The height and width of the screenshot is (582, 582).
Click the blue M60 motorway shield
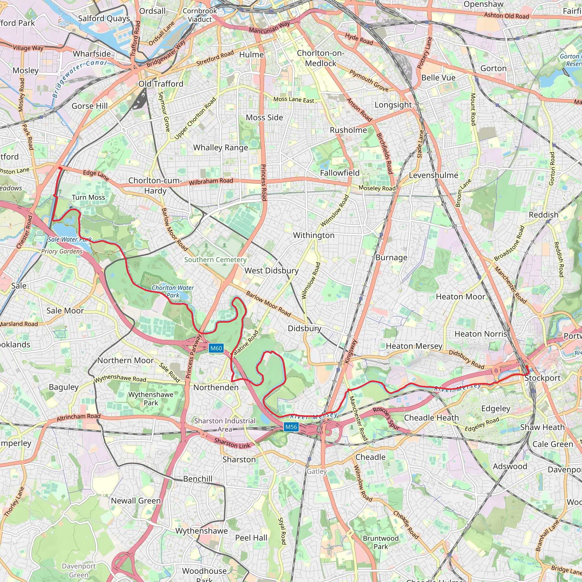[216, 348]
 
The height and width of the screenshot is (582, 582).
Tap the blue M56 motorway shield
[291, 427]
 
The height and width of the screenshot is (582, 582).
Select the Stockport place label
[542, 378]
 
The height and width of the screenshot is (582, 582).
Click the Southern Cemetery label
[215, 260]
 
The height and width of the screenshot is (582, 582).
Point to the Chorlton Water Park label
[173, 291]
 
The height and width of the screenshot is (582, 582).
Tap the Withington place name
[314, 235]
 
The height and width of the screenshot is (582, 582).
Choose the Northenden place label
[216, 387]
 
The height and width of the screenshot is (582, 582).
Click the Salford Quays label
[104, 18]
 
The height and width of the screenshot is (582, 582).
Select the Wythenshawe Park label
[151, 398]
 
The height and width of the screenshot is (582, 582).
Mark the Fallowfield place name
[340, 173]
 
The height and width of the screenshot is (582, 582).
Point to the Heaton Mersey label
[414, 346]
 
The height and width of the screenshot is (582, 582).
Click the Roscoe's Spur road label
[386, 418]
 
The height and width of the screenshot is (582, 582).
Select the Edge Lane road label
[96, 175]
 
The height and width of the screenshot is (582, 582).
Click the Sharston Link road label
[232, 444]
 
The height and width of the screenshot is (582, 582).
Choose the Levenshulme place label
[433, 175]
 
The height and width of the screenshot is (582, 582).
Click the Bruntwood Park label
[381, 542]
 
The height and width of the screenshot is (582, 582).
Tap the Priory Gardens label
[62, 251]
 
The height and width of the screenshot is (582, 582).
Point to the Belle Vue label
[438, 78]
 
